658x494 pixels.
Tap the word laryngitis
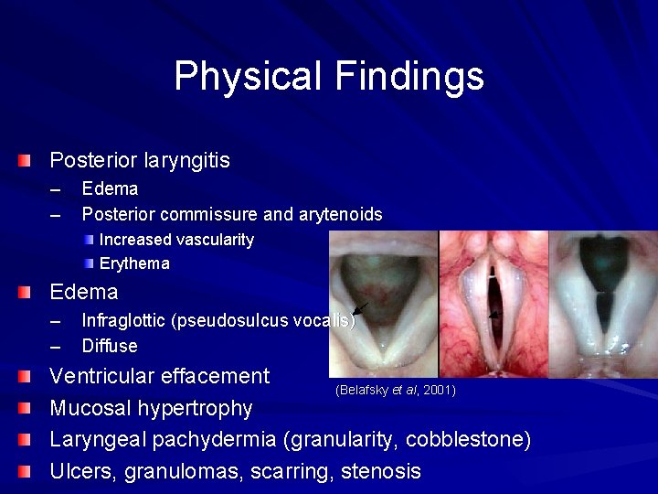point(186,161)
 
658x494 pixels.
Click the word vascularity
point(213,240)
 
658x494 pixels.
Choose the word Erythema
point(134,264)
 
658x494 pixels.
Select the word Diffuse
point(110,346)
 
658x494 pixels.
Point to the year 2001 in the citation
point(441,391)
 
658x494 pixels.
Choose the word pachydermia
point(215,440)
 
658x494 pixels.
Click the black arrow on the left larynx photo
point(359,309)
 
